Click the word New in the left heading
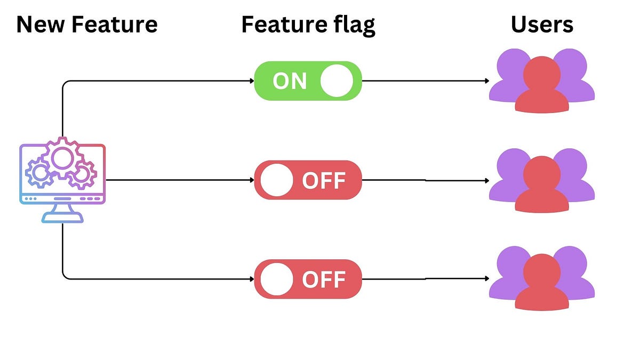38,25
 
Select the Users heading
542,25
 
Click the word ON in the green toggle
290,81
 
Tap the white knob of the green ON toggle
337,81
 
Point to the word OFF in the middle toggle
324,180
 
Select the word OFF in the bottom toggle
324,279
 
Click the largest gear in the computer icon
62,157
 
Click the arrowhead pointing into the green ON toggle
251,81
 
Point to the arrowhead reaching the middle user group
486,181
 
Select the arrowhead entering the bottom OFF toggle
251,279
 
